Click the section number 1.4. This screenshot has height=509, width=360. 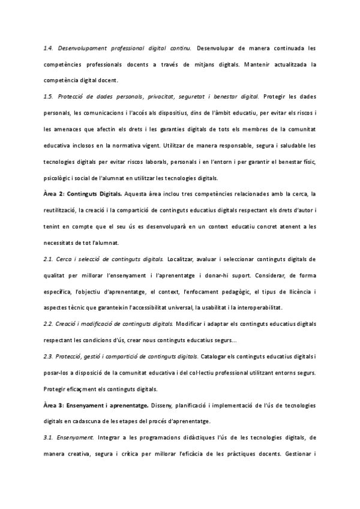pyautogui.click(x=49, y=47)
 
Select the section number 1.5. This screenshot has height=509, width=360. pyautogui.click(x=49, y=97)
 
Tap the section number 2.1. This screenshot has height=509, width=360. pyautogui.click(x=49, y=259)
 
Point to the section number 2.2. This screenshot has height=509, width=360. pyautogui.click(x=49, y=324)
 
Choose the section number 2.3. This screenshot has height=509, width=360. pyautogui.click(x=49, y=356)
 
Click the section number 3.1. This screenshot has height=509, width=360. pyautogui.click(x=49, y=437)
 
